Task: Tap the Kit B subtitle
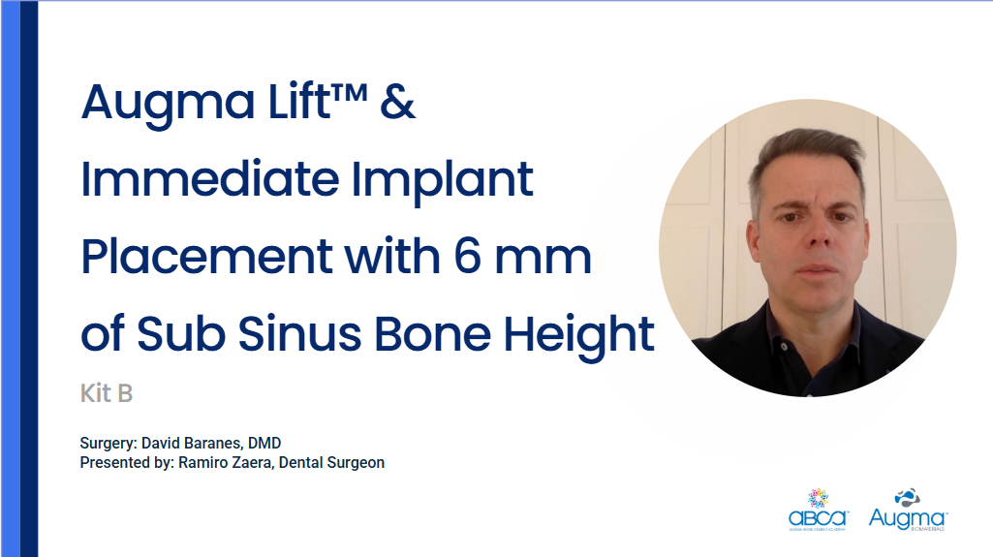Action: (x=106, y=394)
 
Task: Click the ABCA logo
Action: (x=818, y=510)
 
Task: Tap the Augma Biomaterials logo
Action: (x=908, y=510)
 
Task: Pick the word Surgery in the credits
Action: (x=108, y=444)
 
